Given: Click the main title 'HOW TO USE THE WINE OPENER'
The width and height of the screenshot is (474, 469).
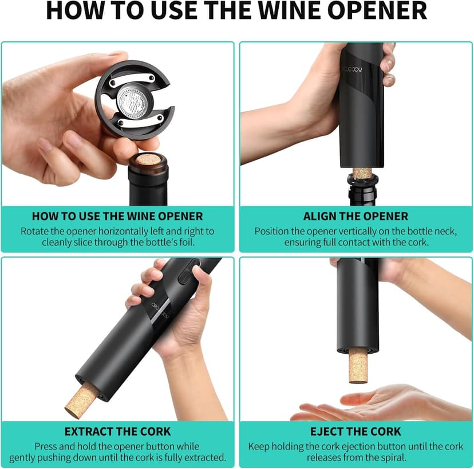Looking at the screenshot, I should click(x=236, y=11).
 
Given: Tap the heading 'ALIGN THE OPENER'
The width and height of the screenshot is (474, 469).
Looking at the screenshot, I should click(x=355, y=216).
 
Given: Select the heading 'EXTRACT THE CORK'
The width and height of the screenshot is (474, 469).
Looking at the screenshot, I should click(x=117, y=431).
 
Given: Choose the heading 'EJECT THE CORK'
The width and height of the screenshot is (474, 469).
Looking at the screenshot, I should click(x=355, y=431).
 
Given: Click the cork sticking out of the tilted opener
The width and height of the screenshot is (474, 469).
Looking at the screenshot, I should click(x=81, y=399).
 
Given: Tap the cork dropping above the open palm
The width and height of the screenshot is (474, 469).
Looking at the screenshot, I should click(x=359, y=365).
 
